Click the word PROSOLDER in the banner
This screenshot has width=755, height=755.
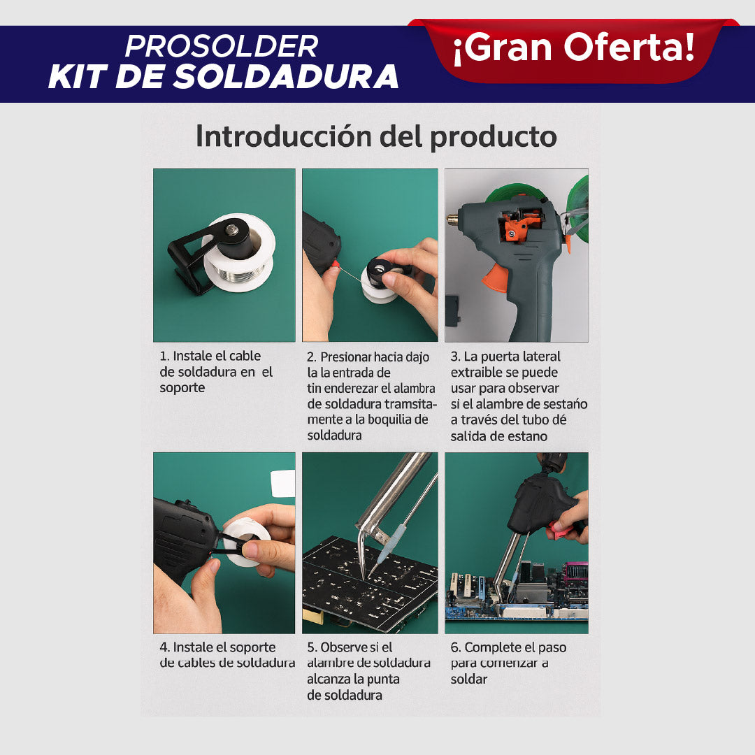coord(222,47)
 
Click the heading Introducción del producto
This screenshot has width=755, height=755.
coord(376,136)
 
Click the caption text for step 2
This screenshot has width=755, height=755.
coord(371,396)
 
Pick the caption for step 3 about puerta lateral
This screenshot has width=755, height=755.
coord(518,396)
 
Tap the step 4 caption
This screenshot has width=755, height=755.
coord(226,655)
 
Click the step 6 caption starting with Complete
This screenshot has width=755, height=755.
coord(508,663)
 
